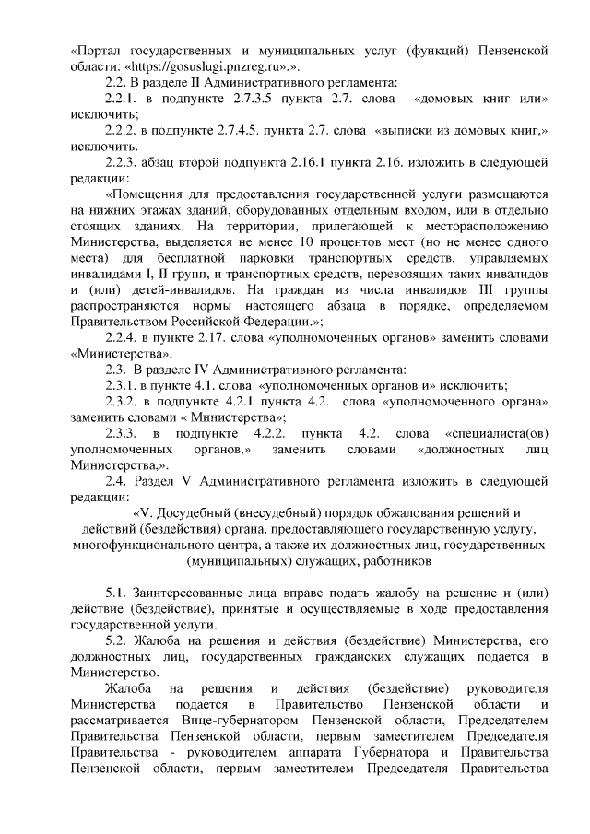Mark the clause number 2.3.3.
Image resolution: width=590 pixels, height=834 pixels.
pos(124,429)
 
